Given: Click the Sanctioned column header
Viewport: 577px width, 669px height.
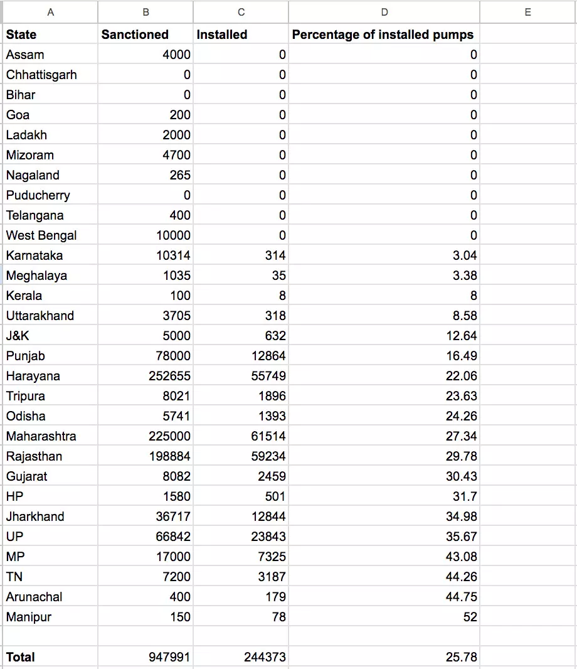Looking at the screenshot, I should click(135, 35).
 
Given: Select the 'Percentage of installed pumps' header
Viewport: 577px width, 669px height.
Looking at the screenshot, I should click(383, 35).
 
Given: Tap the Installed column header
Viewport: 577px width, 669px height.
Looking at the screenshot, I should click(221, 35).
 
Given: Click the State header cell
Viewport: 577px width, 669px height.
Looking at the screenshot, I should click(21, 35).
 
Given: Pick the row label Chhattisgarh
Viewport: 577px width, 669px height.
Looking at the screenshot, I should click(41, 75).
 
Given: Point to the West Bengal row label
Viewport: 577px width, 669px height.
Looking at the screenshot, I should click(41, 235).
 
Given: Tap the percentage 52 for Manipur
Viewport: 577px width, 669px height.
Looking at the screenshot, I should click(470, 617).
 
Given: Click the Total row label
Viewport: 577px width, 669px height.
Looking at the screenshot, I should click(20, 657).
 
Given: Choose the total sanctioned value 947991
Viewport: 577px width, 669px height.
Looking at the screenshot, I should click(169, 657).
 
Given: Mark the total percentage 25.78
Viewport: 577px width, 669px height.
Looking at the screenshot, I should click(461, 657).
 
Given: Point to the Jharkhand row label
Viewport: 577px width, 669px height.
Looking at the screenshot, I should click(35, 516).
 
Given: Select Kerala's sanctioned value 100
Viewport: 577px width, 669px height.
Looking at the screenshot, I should click(180, 296).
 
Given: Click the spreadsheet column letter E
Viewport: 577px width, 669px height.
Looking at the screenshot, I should click(527, 12).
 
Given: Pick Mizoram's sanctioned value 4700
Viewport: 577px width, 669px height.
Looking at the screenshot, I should click(176, 155).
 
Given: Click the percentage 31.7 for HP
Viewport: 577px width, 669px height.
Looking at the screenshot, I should click(465, 496).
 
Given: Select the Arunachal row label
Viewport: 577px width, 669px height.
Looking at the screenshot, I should click(34, 597).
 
